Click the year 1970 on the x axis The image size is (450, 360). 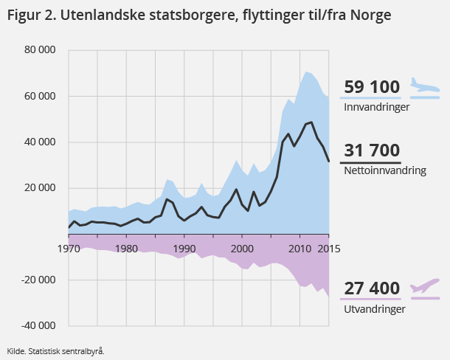tap(68, 247)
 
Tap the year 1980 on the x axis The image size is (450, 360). tap(126, 247)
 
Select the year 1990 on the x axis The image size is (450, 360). tap(184, 247)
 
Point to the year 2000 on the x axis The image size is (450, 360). tap(242, 247)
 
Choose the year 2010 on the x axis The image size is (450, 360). tap(300, 247)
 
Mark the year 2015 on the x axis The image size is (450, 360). tap(328, 247)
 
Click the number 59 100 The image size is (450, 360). tap(372, 87)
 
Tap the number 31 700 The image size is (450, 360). tap(372, 151)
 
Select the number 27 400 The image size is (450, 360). tap(372, 288)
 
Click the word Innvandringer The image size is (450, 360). tap(377, 107)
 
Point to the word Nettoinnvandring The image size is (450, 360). tap(385, 170)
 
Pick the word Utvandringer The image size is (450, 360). tap(374, 309)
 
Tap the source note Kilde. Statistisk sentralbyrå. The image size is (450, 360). tap(55, 351)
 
